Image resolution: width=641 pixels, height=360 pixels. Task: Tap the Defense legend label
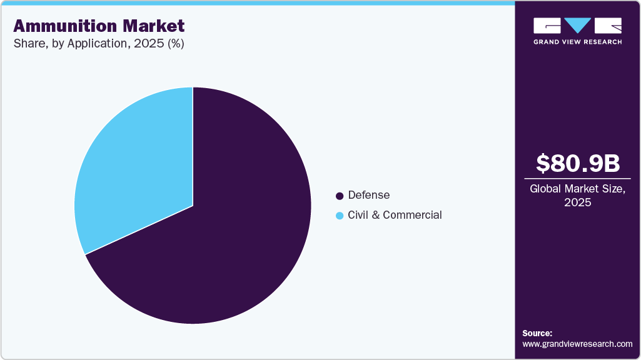point(369,195)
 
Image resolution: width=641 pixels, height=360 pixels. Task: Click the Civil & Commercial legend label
point(395,215)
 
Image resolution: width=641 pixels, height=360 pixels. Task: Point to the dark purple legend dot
point(340,196)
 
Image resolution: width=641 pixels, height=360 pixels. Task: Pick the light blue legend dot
point(340,216)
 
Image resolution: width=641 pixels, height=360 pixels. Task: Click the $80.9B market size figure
point(578,163)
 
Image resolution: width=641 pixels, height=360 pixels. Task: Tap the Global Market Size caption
point(578,189)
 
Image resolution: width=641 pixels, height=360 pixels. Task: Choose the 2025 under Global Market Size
point(578,202)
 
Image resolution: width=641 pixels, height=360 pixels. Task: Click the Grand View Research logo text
point(578,42)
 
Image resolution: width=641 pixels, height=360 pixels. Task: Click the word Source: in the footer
point(537,333)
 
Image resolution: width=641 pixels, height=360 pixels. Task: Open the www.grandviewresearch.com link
point(577,344)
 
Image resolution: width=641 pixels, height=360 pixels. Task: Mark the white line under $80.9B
point(578,178)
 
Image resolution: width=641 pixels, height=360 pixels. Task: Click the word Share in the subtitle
point(27,44)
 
